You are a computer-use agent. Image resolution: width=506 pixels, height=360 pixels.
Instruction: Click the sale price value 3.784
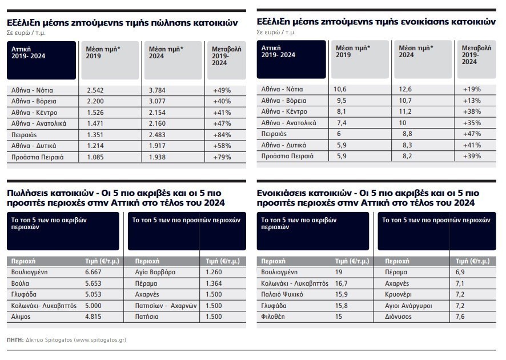pos(158,90)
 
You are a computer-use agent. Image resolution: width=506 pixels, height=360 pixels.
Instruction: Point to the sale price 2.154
pos(158,113)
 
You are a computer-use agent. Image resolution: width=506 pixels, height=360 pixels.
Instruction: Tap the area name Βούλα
pos(20,283)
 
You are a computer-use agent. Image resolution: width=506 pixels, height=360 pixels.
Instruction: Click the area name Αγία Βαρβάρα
pos(152,273)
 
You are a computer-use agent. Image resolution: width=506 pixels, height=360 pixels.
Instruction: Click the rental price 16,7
pos(342,283)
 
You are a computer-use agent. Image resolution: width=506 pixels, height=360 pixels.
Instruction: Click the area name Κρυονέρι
pos(400,295)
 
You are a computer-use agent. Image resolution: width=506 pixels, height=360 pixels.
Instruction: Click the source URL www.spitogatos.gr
pos(91,339)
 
